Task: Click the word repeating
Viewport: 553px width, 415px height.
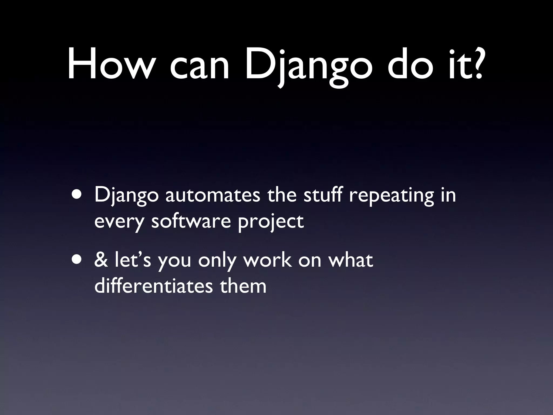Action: pos(391,196)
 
